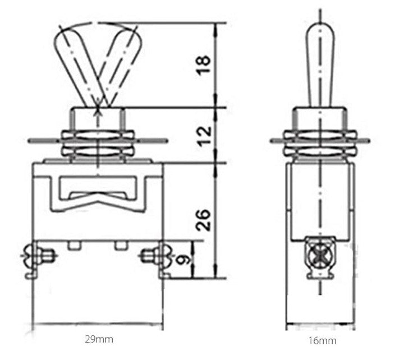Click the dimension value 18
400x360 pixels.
(x=204, y=65)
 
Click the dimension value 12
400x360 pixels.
(x=205, y=136)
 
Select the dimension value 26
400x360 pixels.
(x=203, y=220)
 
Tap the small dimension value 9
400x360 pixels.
(x=184, y=260)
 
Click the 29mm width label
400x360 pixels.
(x=99, y=339)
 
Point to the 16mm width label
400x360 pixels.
(x=323, y=340)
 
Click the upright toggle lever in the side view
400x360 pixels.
(x=320, y=65)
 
